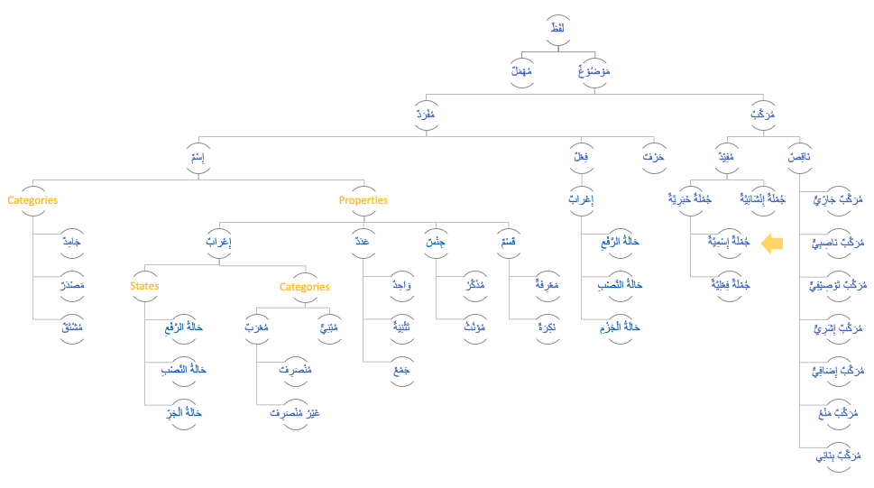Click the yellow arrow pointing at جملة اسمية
pos(772,244)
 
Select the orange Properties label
pos(363,200)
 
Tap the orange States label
pos(144,286)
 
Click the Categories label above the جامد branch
pos(32,200)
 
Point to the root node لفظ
pos(558,29)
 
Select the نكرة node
pos(547,328)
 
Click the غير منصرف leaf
pos(295,413)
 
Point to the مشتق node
pos(71,328)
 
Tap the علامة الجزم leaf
pos(621,328)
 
